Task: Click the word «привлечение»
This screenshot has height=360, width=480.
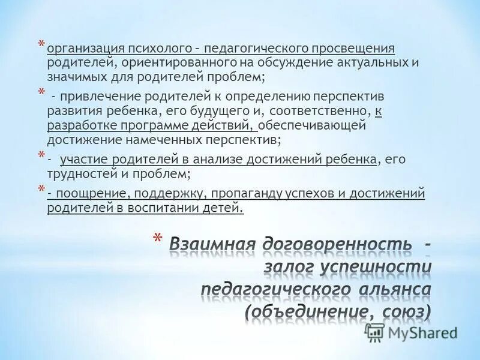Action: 92,97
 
